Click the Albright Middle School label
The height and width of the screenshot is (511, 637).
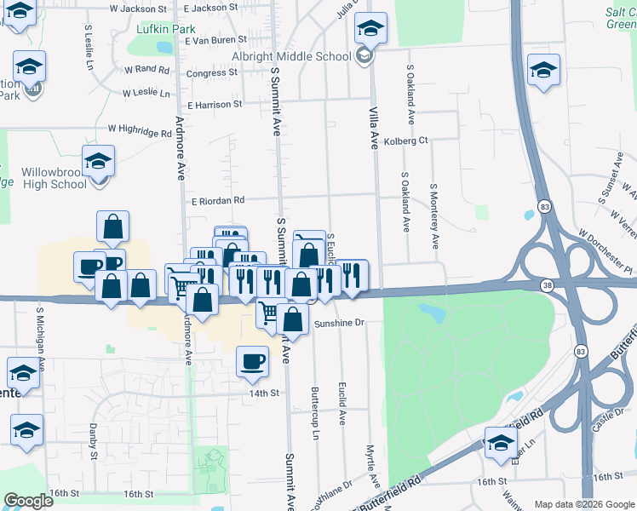click(291, 57)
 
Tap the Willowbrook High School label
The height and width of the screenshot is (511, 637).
click(55, 177)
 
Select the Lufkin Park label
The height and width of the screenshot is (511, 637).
click(165, 28)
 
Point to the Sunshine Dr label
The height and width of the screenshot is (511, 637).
click(339, 323)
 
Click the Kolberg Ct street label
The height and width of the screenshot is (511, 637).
click(405, 141)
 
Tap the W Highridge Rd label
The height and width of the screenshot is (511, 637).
click(140, 131)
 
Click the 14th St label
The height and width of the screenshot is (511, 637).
click(264, 393)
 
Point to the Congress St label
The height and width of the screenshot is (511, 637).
click(211, 73)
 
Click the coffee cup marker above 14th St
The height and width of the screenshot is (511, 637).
click(251, 360)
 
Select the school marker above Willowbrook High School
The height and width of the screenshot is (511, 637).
click(98, 160)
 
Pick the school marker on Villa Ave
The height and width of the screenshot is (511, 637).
click(370, 28)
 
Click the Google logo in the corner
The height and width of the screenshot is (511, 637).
click(28, 500)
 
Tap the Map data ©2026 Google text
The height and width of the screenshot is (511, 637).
click(584, 504)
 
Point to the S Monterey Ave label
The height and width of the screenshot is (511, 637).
click(434, 215)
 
